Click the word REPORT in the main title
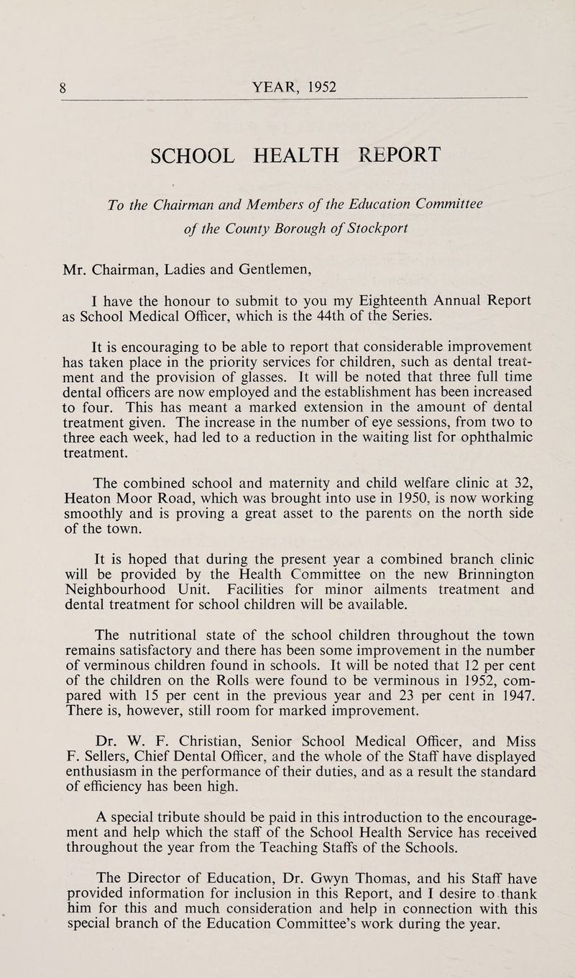click(x=379, y=156)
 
